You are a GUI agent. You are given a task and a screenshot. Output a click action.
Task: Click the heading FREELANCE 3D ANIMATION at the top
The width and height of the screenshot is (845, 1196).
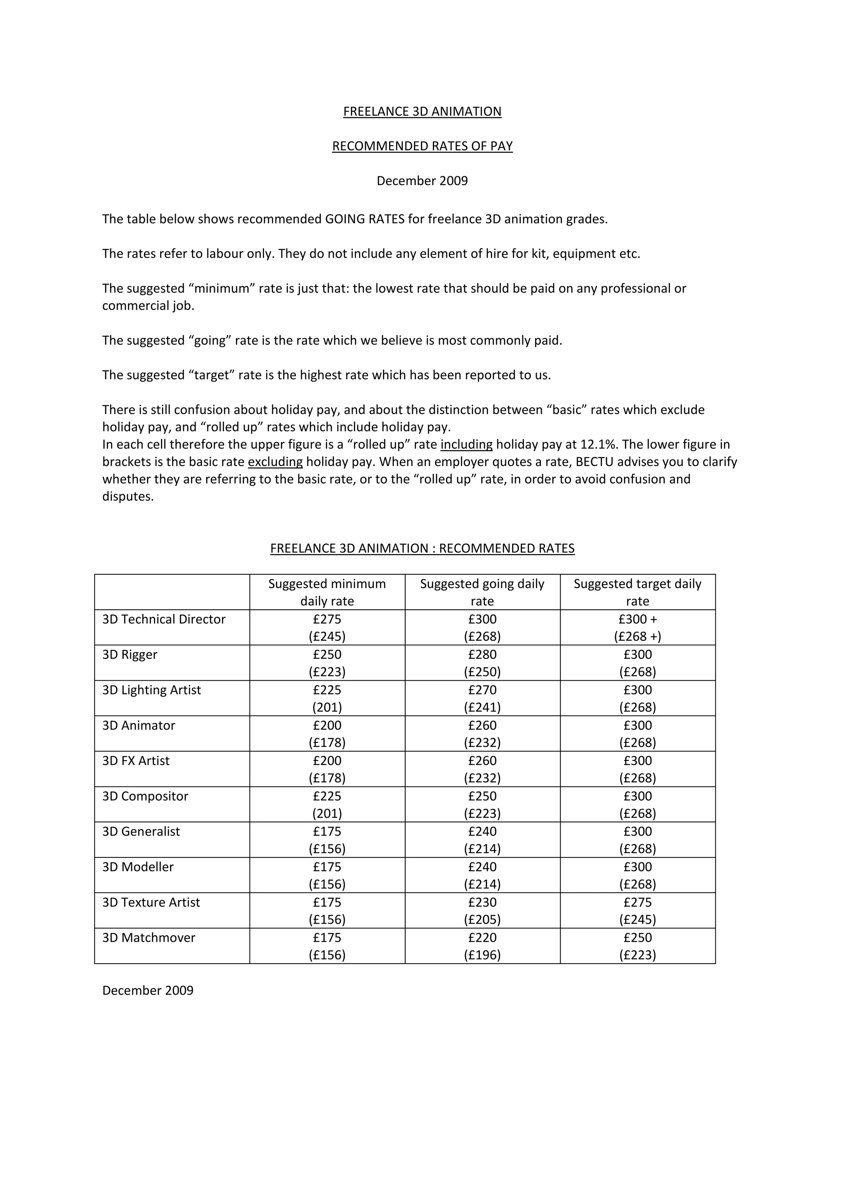pos(422,111)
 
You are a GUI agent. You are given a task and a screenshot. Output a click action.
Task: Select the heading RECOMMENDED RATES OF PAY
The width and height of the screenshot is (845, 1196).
pos(422,147)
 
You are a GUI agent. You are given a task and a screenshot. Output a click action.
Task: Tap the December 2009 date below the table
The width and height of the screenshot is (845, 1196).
pos(148,990)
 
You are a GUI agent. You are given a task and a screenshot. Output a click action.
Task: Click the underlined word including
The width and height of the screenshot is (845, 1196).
pos(466,444)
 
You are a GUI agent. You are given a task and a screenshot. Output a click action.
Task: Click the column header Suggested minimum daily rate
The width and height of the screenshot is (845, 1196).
pos(327,592)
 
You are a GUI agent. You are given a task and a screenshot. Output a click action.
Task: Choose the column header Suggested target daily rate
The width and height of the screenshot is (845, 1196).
pos(637,592)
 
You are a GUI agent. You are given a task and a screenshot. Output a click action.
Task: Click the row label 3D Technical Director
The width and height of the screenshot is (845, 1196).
pos(164,619)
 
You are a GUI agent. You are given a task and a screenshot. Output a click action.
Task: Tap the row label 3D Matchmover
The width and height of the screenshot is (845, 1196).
pos(149,938)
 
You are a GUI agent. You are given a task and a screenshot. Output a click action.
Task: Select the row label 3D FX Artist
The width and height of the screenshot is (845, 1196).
pos(136,760)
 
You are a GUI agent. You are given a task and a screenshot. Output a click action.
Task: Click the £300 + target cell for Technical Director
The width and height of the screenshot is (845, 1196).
pos(637,628)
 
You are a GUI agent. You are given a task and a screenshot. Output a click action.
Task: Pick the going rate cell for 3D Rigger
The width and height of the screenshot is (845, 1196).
pos(482,663)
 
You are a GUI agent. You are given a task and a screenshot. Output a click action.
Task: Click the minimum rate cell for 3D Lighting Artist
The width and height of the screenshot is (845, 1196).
pos(327,699)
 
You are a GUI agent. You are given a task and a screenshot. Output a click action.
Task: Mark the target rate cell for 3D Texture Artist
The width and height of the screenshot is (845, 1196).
pos(637,911)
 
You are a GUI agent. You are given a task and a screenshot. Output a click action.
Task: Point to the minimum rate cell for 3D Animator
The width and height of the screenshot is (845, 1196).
pos(327,734)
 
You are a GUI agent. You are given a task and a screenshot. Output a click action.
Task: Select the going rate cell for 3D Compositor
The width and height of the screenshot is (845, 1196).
pos(482,804)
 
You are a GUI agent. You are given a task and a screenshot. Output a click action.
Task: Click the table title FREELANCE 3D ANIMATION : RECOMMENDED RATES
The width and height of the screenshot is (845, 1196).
pos(422,549)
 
